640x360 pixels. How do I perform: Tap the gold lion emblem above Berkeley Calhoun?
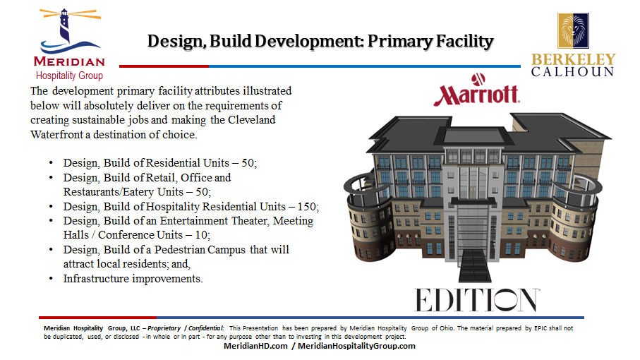573,30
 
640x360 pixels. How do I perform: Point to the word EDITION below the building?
477,300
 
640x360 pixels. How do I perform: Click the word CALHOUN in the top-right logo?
573,72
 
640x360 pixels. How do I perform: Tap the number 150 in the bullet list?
306,207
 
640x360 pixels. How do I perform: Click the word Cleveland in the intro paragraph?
251,120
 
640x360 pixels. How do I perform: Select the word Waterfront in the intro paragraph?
56,135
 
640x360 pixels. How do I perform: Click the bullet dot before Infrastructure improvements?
51,279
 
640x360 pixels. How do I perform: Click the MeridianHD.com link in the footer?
255,346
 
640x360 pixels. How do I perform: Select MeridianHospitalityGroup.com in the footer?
356,346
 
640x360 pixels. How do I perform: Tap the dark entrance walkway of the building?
475,265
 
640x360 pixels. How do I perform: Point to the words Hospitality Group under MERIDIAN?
69,76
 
